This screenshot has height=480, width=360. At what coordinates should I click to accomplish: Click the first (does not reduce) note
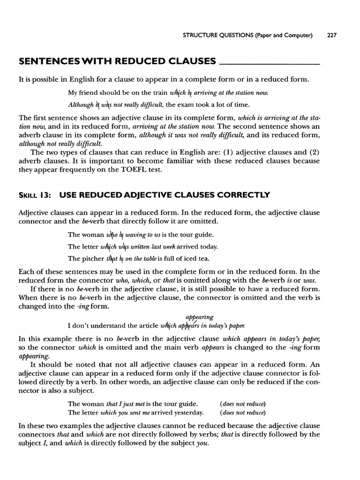coord(242,404)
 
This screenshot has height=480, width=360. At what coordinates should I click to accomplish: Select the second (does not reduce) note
coord(242,412)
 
